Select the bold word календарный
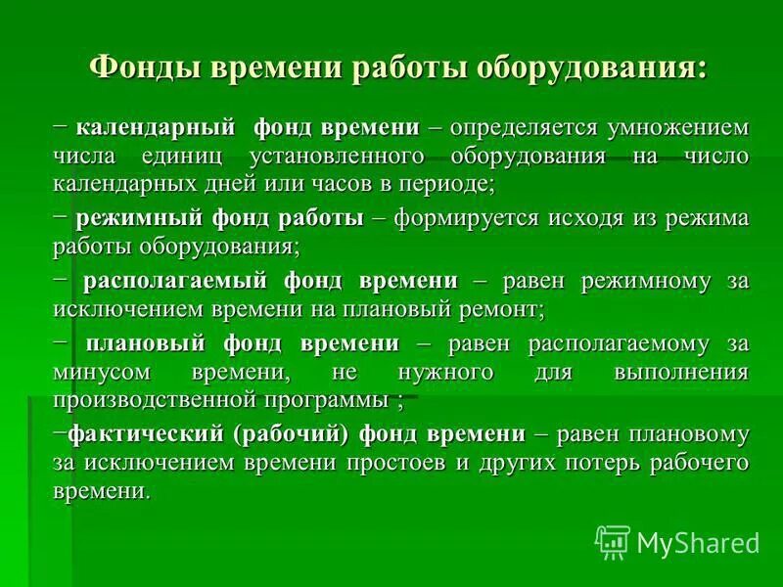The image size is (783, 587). (x=158, y=128)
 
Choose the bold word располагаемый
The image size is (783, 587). (x=175, y=281)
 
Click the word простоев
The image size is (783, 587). (x=395, y=462)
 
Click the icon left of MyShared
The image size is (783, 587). (x=613, y=541)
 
